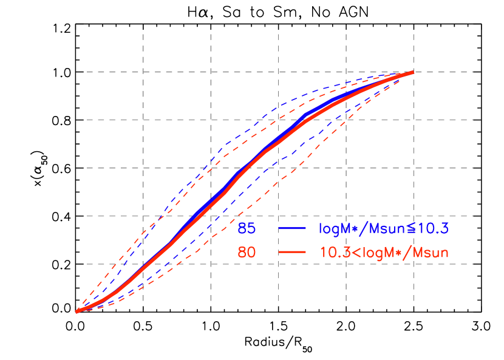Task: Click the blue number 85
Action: [247, 229]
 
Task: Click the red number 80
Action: [247, 253]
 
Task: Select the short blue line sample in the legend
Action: [292, 229]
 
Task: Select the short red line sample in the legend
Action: [292, 253]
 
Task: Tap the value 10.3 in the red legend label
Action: [333, 253]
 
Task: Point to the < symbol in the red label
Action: [351, 253]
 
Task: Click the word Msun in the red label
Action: [431, 253]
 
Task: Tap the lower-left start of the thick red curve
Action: [77, 311]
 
